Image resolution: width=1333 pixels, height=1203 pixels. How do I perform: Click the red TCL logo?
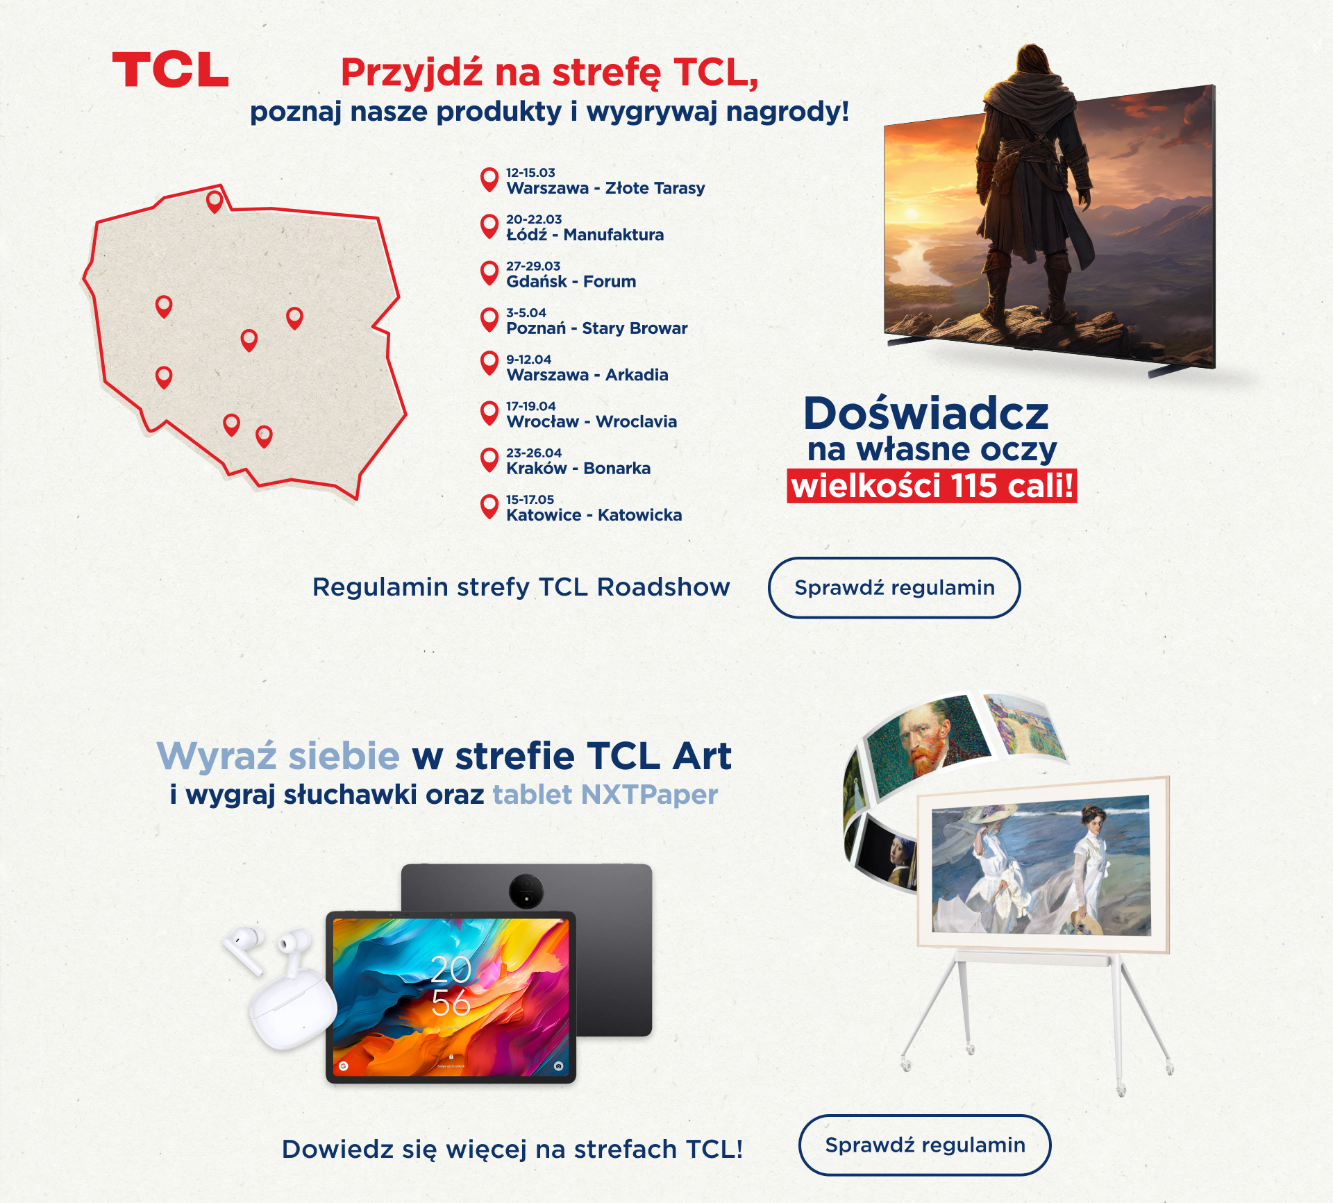pyautogui.click(x=170, y=70)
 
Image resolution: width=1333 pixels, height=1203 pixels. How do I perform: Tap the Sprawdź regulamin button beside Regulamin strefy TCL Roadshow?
pyautogui.click(x=894, y=587)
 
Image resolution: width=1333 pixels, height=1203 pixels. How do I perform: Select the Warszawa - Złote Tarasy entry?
pyautogui.click(x=605, y=188)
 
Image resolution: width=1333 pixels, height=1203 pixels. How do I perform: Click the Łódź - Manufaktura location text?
pyautogui.click(x=585, y=235)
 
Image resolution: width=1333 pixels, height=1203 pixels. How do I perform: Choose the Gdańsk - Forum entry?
pyautogui.click(x=571, y=281)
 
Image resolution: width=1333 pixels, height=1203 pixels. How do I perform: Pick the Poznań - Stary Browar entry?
pyautogui.click(x=596, y=328)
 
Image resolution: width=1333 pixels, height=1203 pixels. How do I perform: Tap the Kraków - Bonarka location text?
pyautogui.click(x=578, y=469)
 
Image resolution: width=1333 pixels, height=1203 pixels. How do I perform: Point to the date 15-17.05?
pyautogui.click(x=530, y=499)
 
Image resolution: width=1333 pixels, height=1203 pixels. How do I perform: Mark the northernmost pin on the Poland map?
pyautogui.click(x=215, y=201)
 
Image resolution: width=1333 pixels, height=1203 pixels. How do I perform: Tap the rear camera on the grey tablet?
pyautogui.click(x=526, y=891)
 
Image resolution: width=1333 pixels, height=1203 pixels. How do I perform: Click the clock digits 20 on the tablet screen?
pyautogui.click(x=451, y=969)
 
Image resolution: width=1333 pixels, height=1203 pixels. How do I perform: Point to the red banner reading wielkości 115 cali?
pyautogui.click(x=932, y=485)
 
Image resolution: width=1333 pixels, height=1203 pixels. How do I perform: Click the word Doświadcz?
pyautogui.click(x=926, y=414)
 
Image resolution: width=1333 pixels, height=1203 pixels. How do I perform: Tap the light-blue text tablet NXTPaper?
pyautogui.click(x=605, y=794)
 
